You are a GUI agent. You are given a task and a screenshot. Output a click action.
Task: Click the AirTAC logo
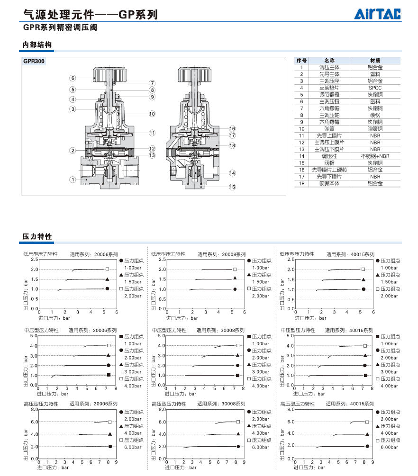tap(377, 14)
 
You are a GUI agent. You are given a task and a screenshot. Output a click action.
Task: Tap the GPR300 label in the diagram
tap(34, 61)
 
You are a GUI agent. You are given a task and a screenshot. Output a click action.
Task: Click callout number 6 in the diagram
tap(73, 78)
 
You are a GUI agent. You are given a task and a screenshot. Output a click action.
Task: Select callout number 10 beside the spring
tap(152, 114)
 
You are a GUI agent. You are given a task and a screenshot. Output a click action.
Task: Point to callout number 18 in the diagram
tap(232, 145)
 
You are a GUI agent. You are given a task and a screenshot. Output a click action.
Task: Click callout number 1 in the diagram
tap(73, 180)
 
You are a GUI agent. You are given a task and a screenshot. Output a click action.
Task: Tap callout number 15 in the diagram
tap(232, 187)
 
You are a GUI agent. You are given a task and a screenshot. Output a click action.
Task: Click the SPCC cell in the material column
tap(375, 88)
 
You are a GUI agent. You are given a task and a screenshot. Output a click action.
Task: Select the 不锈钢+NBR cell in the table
tap(375, 156)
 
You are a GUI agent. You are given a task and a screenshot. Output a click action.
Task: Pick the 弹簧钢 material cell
tap(375, 129)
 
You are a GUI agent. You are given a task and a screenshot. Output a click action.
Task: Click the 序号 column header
tap(301, 61)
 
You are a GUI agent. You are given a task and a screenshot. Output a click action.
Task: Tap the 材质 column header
tap(375, 61)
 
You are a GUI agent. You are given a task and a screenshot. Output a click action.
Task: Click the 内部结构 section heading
tap(37, 45)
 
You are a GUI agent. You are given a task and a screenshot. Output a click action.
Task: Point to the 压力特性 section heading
tap(37, 236)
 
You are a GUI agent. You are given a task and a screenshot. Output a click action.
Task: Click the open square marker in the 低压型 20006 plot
tap(108, 269)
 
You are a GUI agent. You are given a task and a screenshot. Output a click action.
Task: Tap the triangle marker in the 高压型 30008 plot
tap(238, 434)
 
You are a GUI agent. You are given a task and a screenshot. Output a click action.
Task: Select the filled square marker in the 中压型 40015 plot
tap(366, 375)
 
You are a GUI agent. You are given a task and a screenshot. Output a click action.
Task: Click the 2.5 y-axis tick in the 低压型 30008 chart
tap(162, 260)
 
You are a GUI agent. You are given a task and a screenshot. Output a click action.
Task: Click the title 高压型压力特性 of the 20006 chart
tap(41, 404)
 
